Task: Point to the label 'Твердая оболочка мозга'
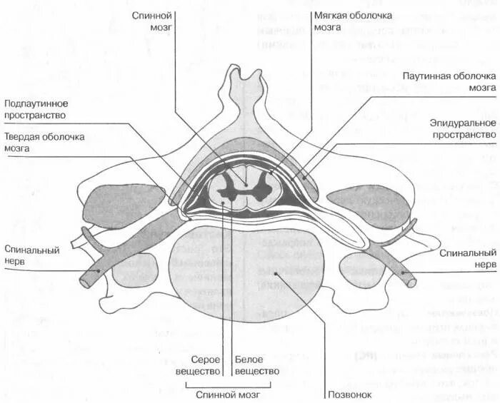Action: coord(44,142)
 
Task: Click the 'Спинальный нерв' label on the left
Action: coord(30,255)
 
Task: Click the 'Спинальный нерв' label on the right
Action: coord(468,258)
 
